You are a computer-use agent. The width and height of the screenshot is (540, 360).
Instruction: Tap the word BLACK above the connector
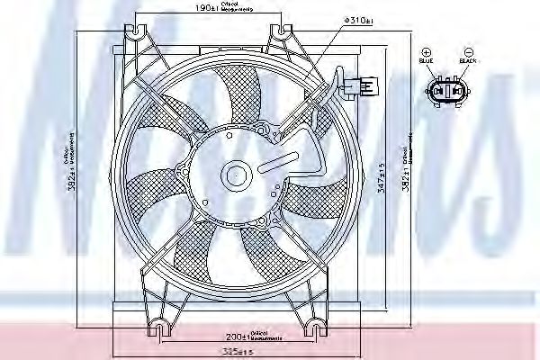[x=466, y=61]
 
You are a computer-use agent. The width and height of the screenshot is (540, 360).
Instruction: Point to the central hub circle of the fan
[x=237, y=175]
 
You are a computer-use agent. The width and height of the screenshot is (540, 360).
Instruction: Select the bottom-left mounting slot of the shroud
[x=161, y=321]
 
